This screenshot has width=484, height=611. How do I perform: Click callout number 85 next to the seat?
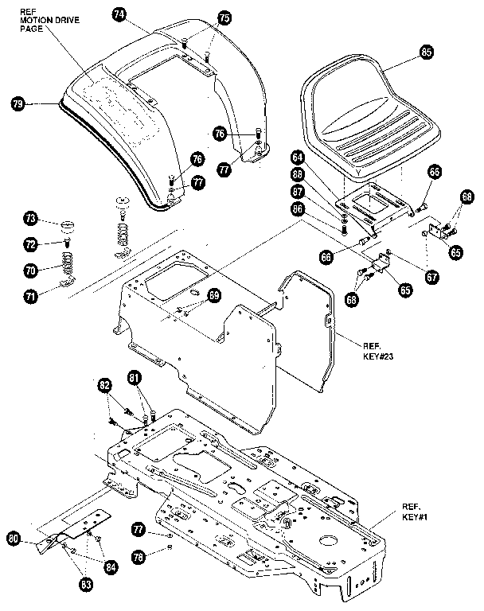[x=426, y=52]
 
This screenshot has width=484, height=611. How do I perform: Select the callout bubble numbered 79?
[x=18, y=103]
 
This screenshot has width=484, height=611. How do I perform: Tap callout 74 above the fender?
[x=119, y=14]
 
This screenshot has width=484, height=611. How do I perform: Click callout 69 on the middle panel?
[x=213, y=295]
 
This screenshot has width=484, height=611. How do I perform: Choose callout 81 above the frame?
[x=134, y=377]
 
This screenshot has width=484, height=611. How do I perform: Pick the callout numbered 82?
[x=104, y=386]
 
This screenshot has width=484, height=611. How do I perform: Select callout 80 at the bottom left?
[x=14, y=539]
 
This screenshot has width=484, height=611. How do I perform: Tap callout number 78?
[x=139, y=557]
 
